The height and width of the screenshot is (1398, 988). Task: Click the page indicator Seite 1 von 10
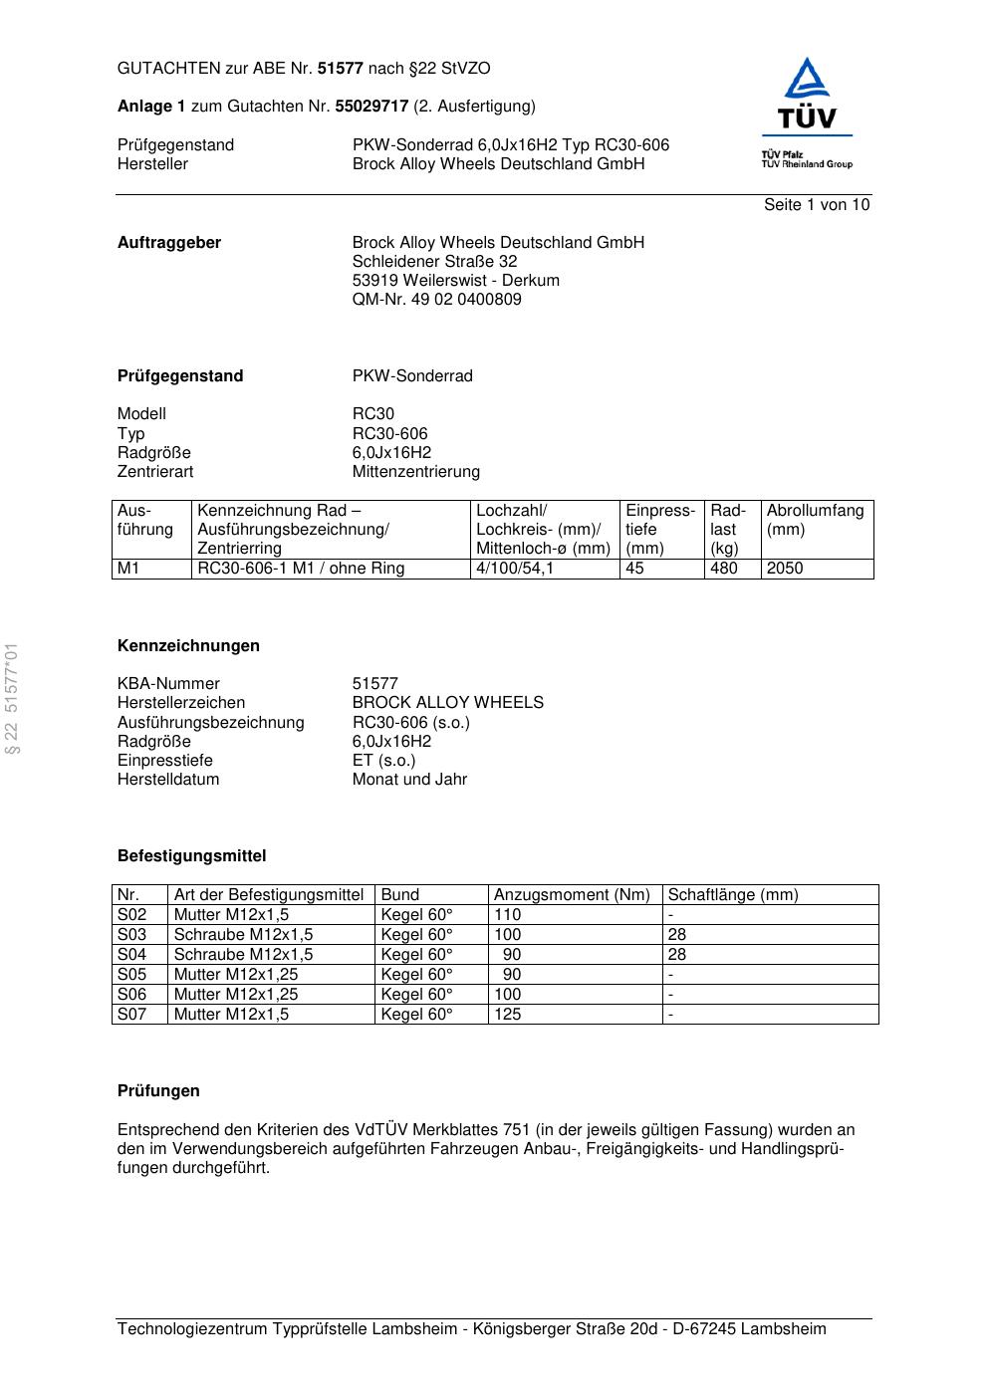pyautogui.click(x=816, y=205)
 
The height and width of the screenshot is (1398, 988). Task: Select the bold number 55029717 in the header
pyautogui.click(x=371, y=107)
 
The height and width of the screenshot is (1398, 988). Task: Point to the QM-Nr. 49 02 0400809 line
pyautogui.click(x=436, y=300)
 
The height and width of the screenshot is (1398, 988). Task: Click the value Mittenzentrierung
pyautogui.click(x=415, y=472)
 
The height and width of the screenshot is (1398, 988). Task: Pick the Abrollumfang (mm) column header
pyautogui.click(x=815, y=520)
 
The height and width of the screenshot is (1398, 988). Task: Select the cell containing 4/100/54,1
pyautogui.click(x=515, y=569)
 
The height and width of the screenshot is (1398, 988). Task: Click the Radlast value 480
pyautogui.click(x=724, y=569)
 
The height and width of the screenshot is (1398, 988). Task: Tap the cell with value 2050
pyautogui.click(x=785, y=569)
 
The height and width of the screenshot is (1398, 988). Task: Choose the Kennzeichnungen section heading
pyautogui.click(x=188, y=646)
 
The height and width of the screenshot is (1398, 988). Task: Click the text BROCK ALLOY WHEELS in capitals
pyautogui.click(x=447, y=703)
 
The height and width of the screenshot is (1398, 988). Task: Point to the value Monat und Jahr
pyautogui.click(x=409, y=780)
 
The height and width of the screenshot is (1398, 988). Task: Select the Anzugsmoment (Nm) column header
pyautogui.click(x=572, y=895)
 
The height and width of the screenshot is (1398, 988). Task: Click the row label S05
pyautogui.click(x=132, y=975)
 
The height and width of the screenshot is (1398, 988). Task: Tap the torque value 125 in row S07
pyautogui.click(x=508, y=1015)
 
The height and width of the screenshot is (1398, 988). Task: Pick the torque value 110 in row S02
pyautogui.click(x=508, y=915)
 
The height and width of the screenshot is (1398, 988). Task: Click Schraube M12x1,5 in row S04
pyautogui.click(x=243, y=955)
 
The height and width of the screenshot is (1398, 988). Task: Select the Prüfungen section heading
pyautogui.click(x=158, y=1091)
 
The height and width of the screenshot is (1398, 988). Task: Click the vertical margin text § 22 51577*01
pyautogui.click(x=13, y=698)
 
